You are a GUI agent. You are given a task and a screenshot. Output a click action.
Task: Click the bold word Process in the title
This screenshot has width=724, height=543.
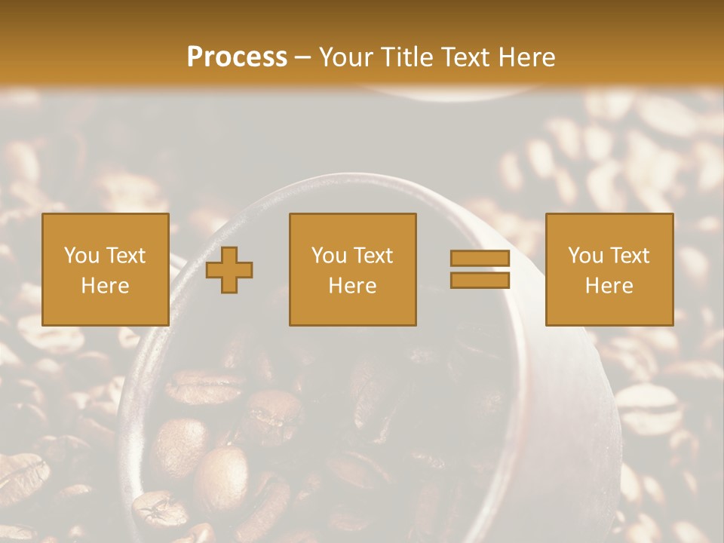pos(237,57)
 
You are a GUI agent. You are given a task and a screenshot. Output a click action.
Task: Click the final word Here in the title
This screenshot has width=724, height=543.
pos(526,57)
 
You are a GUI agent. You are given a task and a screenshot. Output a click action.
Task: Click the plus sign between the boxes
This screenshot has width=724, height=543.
pos(229,269)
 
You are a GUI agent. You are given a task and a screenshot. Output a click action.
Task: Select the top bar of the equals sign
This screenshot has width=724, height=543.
pos(480,258)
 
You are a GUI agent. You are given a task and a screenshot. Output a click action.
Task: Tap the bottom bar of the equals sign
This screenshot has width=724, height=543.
pos(480,280)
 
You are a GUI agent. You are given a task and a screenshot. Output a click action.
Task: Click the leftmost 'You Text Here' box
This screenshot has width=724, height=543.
pos(105,269)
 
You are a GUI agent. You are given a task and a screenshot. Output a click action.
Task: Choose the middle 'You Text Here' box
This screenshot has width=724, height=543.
pos(352,269)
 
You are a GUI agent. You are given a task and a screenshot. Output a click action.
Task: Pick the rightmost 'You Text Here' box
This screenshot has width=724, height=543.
pos(609,269)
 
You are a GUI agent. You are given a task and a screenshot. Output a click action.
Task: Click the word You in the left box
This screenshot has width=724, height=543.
pos(81,256)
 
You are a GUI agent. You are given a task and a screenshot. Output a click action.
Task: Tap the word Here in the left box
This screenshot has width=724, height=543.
pos(105,286)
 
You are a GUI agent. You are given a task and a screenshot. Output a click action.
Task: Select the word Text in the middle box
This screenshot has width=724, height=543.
pos(373,256)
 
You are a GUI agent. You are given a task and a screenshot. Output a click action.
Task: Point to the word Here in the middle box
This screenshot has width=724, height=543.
pos(352,286)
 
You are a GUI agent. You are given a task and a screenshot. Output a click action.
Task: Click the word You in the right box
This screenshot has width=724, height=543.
pos(584,256)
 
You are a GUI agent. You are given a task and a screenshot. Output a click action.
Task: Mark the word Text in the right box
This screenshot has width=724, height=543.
pos(630,256)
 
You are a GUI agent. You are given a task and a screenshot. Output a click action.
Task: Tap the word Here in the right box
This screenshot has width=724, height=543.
pos(609,286)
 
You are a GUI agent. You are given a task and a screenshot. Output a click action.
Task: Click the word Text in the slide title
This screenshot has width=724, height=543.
pos(464,57)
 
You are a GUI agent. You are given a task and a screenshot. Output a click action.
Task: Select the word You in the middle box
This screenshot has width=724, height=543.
pos(329,256)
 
